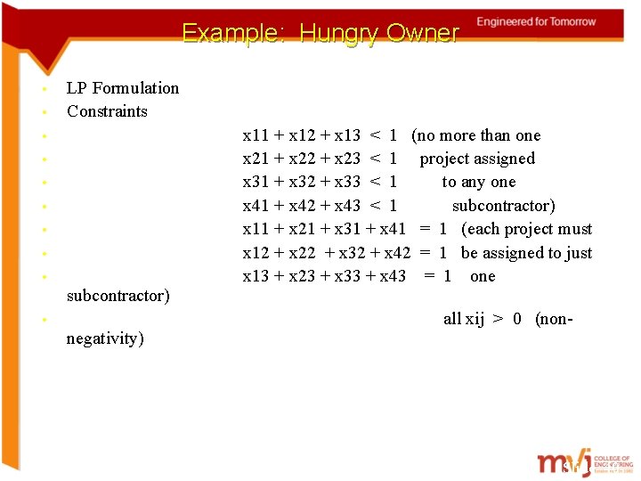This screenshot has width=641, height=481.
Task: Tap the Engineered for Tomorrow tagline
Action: click(x=537, y=21)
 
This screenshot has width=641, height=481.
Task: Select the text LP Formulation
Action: click(x=123, y=88)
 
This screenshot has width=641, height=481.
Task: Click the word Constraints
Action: click(x=107, y=111)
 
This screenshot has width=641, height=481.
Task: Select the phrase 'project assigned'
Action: click(x=477, y=159)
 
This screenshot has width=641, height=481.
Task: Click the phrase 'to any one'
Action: click(x=479, y=182)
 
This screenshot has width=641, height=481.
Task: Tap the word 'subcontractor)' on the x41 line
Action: click(x=504, y=206)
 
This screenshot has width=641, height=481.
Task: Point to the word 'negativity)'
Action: click(x=105, y=338)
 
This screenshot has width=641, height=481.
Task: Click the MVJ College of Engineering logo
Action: click(x=582, y=463)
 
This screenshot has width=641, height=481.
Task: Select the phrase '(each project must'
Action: click(x=526, y=229)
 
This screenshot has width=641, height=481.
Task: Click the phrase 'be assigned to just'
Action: click(x=526, y=253)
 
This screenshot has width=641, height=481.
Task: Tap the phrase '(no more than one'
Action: click(x=476, y=135)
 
